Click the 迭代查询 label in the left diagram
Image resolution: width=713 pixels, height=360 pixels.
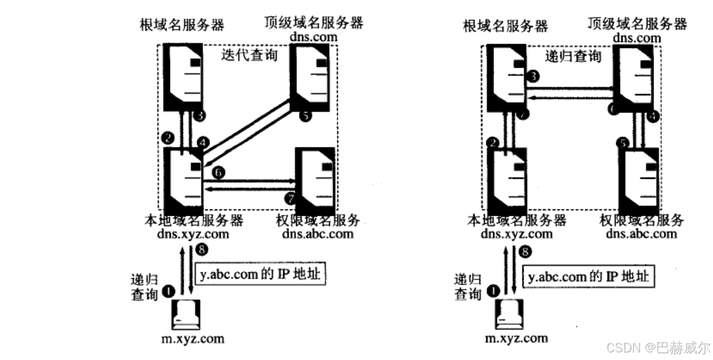click(250, 55)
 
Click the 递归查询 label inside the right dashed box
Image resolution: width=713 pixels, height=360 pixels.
click(573, 56)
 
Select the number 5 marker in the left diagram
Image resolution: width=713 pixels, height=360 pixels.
click(305, 116)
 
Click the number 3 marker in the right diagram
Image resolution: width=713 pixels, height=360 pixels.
click(533, 77)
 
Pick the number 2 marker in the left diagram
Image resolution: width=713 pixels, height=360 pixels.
click(167, 137)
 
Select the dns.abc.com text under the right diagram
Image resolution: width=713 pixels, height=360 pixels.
click(641, 233)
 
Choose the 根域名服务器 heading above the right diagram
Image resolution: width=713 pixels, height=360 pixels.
click(507, 26)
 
